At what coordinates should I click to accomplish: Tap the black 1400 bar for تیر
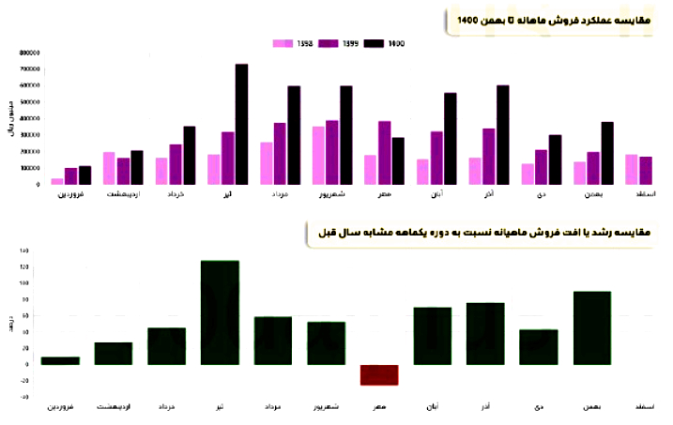coord(241,124)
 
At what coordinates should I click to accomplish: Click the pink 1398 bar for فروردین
coord(57,181)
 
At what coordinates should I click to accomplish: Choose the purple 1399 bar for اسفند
coord(646,171)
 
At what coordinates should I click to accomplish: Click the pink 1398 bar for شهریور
coord(318,156)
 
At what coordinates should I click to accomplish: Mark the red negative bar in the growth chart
coord(380,374)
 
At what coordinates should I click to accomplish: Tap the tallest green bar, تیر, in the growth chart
coord(221,312)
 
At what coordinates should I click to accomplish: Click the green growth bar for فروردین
coord(60,360)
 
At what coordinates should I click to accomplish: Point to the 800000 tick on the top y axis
coord(28,53)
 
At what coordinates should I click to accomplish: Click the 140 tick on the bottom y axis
coord(23,250)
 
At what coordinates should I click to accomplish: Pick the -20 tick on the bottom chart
coord(23,381)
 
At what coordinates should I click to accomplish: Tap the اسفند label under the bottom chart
coord(646,406)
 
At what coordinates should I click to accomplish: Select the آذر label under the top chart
coord(502,194)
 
